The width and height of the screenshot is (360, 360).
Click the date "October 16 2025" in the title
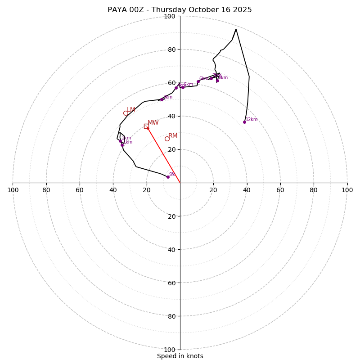pos(224,10)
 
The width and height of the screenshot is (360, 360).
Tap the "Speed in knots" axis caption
pos(180,356)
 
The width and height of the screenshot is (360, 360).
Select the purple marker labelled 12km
pos(244,122)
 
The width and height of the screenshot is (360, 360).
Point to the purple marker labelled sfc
pos(168,177)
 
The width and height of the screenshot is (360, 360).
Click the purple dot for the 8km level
pos(217,81)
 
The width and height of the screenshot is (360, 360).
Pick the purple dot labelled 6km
pos(198,81)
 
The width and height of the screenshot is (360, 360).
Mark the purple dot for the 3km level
pos(162,99)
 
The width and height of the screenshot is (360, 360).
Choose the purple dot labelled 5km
pos(183,87)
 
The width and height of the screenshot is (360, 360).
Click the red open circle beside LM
pos(126,113)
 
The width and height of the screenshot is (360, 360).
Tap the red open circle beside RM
pos(167,139)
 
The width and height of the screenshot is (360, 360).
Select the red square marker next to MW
pos(146,126)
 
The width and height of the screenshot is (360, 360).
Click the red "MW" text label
pos(153,123)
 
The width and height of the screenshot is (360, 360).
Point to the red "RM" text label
pos(173,136)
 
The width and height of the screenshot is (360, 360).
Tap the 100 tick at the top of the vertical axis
pos(169,16)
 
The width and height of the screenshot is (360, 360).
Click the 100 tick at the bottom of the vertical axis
pos(169,349)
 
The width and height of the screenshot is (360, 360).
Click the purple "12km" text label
pos(252,120)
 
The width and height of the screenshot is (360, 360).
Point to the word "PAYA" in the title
pos(117,10)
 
